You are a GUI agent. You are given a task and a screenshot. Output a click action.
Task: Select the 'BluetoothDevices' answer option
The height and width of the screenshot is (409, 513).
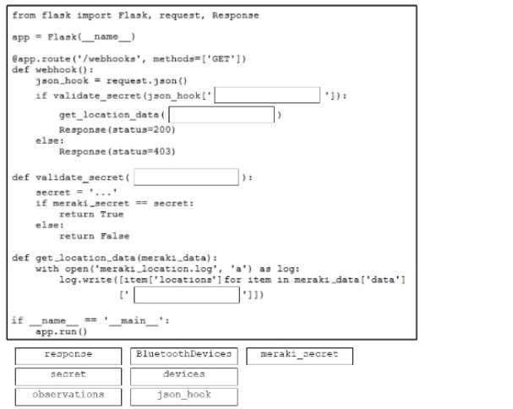(183, 355)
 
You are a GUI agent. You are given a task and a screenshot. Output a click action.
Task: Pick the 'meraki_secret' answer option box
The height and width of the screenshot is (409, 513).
(299, 355)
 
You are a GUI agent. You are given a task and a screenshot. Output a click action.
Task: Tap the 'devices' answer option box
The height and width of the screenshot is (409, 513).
(183, 374)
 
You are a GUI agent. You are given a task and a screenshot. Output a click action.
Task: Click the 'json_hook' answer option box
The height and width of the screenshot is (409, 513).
(183, 395)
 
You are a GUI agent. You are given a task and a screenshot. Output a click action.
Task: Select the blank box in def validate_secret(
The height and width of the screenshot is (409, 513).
(186, 177)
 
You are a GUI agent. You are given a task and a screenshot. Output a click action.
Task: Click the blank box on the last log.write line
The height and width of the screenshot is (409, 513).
(186, 295)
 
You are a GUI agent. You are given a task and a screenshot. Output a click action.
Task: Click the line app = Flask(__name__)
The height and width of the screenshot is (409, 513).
(74, 37)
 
